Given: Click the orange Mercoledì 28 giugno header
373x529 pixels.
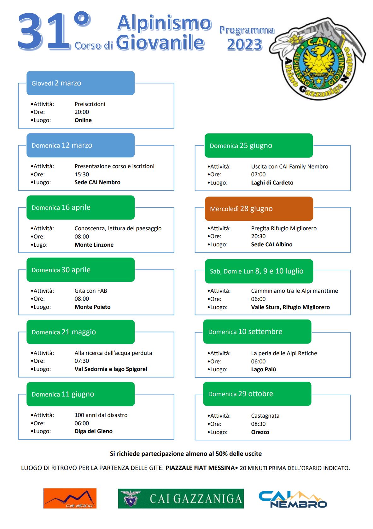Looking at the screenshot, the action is (x=259, y=209).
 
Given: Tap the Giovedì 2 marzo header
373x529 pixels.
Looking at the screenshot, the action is (x=80, y=83).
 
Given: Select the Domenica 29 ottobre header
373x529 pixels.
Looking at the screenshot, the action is (x=257, y=394).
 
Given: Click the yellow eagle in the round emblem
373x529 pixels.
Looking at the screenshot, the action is (x=319, y=61).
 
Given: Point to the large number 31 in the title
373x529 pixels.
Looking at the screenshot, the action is (x=44, y=31).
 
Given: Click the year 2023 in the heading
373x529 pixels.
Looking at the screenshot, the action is (x=245, y=44).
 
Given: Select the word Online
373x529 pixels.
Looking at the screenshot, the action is (x=83, y=120).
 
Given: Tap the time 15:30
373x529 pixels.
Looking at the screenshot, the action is (x=82, y=174).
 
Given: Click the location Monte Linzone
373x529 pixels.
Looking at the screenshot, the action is (x=94, y=245).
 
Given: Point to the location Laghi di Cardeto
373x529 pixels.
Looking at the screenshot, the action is (x=272, y=183).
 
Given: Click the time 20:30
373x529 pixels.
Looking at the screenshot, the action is (x=258, y=236).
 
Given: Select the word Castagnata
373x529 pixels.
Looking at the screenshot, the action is (x=265, y=416).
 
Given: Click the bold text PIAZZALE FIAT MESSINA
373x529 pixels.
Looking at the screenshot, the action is (x=200, y=468).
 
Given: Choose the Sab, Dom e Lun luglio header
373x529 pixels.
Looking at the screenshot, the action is (x=259, y=271).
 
